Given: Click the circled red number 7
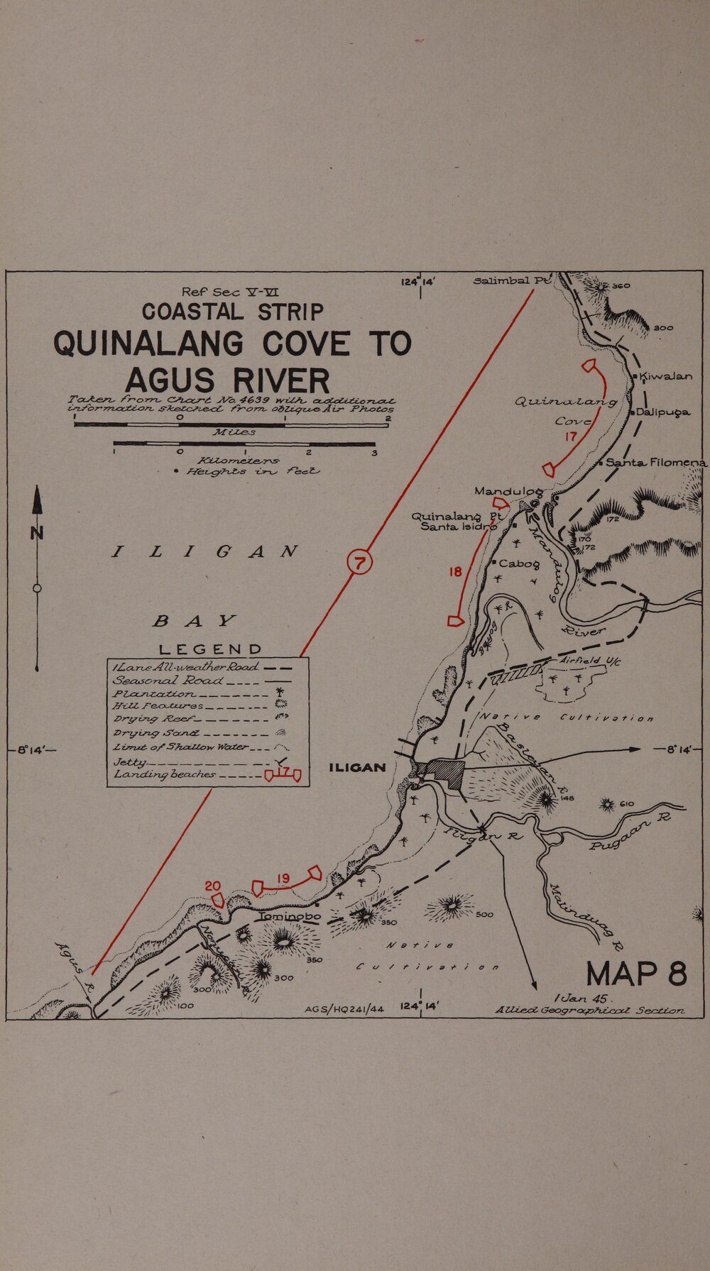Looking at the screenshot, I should [359, 564].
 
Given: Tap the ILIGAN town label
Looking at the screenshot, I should [358, 768].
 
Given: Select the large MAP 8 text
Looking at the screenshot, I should [637, 972].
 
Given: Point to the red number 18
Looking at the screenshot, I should [455, 572].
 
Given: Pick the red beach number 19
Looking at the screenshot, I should [283, 879].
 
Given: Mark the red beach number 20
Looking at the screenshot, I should [213, 886].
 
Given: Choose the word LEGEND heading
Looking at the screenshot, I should [210, 649].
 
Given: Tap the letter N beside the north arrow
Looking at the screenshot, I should [37, 533].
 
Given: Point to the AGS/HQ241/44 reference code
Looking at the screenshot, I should [344, 1007].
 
